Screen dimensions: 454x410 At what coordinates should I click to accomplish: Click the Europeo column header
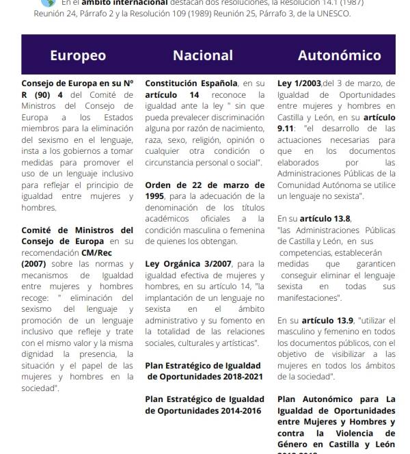(x=78, y=55)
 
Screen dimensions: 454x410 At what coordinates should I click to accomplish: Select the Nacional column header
(x=203, y=55)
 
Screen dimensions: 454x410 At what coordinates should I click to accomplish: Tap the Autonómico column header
(x=339, y=55)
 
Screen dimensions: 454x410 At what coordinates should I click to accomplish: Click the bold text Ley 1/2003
(x=299, y=83)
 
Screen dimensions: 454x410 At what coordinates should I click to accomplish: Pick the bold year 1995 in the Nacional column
(x=156, y=196)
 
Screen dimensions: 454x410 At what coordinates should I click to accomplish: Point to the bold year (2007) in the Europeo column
(x=33, y=263)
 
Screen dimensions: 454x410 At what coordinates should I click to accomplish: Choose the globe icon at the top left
(x=47, y=3)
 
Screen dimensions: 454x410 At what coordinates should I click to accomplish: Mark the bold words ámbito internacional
(x=124, y=3)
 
